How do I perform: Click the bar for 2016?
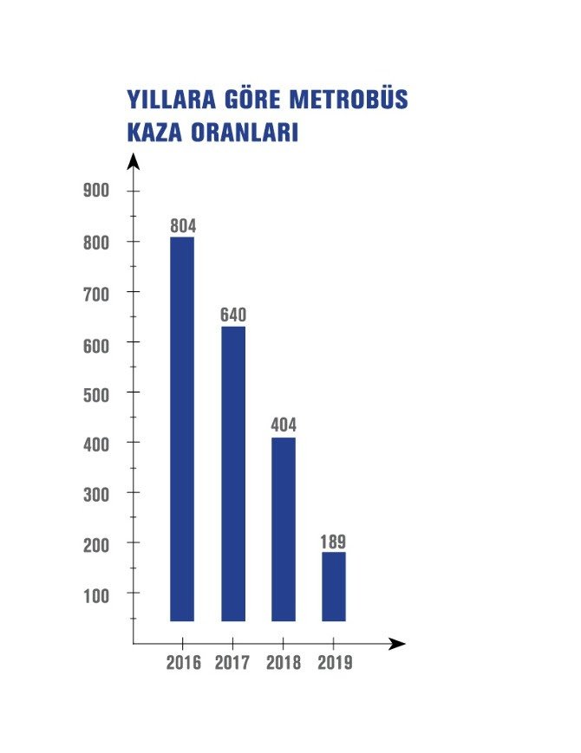[x=181, y=429]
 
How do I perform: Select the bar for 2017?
[x=232, y=473]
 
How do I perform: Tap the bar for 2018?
[x=283, y=529]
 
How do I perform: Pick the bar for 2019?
[x=333, y=587]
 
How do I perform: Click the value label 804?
[x=183, y=226]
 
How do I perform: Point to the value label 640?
[x=233, y=315]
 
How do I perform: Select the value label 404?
[x=284, y=425]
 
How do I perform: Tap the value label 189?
[x=333, y=542]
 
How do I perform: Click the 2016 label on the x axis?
[x=183, y=663]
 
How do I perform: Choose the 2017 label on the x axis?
[x=233, y=663]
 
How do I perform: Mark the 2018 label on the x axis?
[x=284, y=663]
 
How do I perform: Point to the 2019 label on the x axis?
[x=335, y=663]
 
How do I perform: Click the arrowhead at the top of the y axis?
[x=133, y=160]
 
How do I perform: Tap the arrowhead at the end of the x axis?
[x=397, y=644]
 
